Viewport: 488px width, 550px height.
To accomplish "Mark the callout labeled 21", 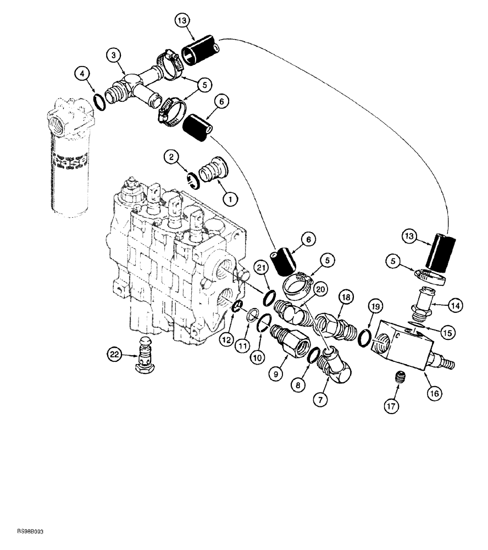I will click(262, 268).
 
